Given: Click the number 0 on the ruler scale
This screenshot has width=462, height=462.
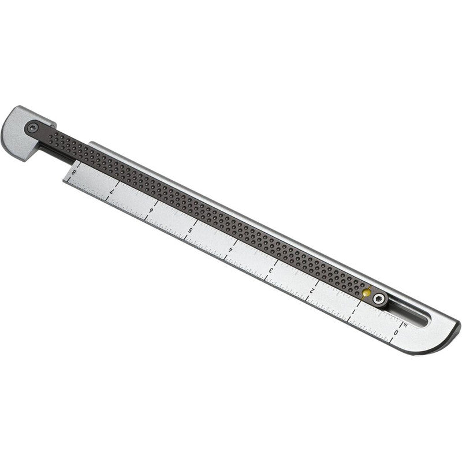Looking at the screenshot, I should coord(396,333).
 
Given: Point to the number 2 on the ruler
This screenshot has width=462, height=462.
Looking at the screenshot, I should coord(312,290).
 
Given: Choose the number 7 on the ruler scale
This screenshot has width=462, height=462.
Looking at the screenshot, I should coord(112,190).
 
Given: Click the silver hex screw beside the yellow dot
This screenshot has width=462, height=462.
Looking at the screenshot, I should coord(378,299).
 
